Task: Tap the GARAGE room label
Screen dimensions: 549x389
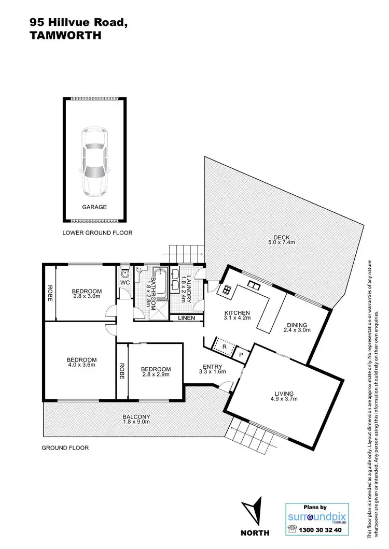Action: click(x=94, y=207)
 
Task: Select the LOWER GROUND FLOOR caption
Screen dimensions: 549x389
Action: click(x=97, y=233)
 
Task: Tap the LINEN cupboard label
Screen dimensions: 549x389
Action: click(x=187, y=318)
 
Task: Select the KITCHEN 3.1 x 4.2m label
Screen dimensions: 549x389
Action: click(x=237, y=316)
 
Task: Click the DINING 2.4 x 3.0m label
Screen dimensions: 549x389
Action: click(x=297, y=328)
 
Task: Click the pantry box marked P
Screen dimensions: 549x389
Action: click(x=241, y=354)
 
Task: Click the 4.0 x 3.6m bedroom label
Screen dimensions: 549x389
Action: click(x=81, y=362)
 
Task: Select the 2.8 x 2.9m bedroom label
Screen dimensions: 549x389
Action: click(x=156, y=372)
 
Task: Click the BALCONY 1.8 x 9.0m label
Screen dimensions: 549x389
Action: click(x=137, y=420)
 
